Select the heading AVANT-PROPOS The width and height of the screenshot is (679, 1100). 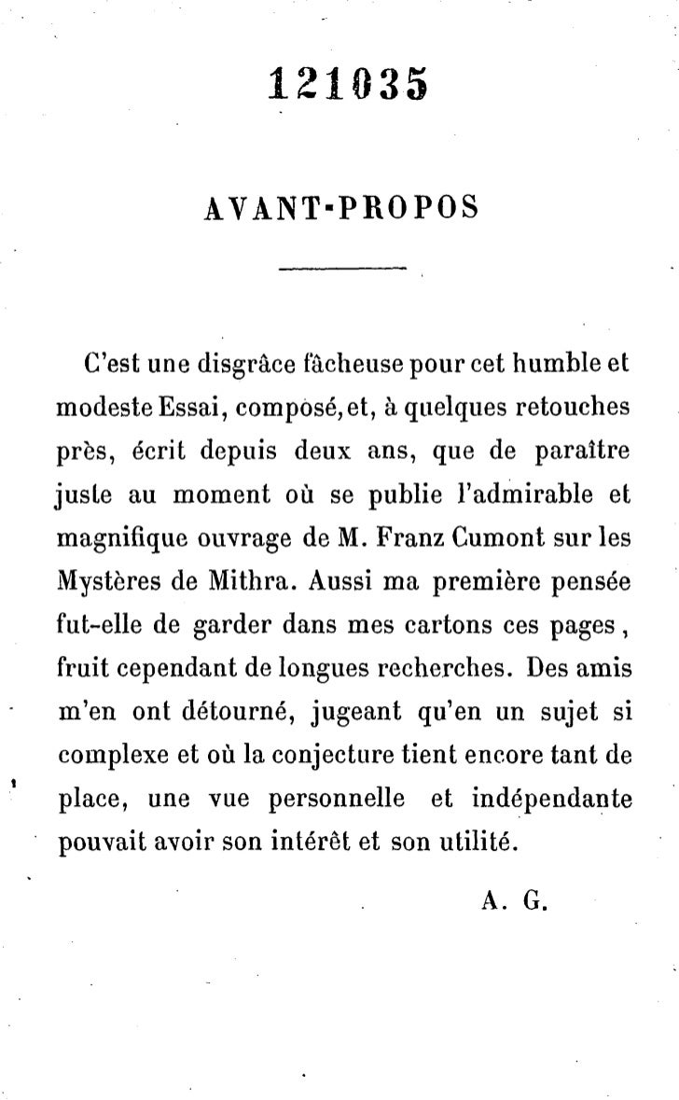(x=339, y=208)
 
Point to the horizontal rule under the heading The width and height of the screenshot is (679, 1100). (x=343, y=271)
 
